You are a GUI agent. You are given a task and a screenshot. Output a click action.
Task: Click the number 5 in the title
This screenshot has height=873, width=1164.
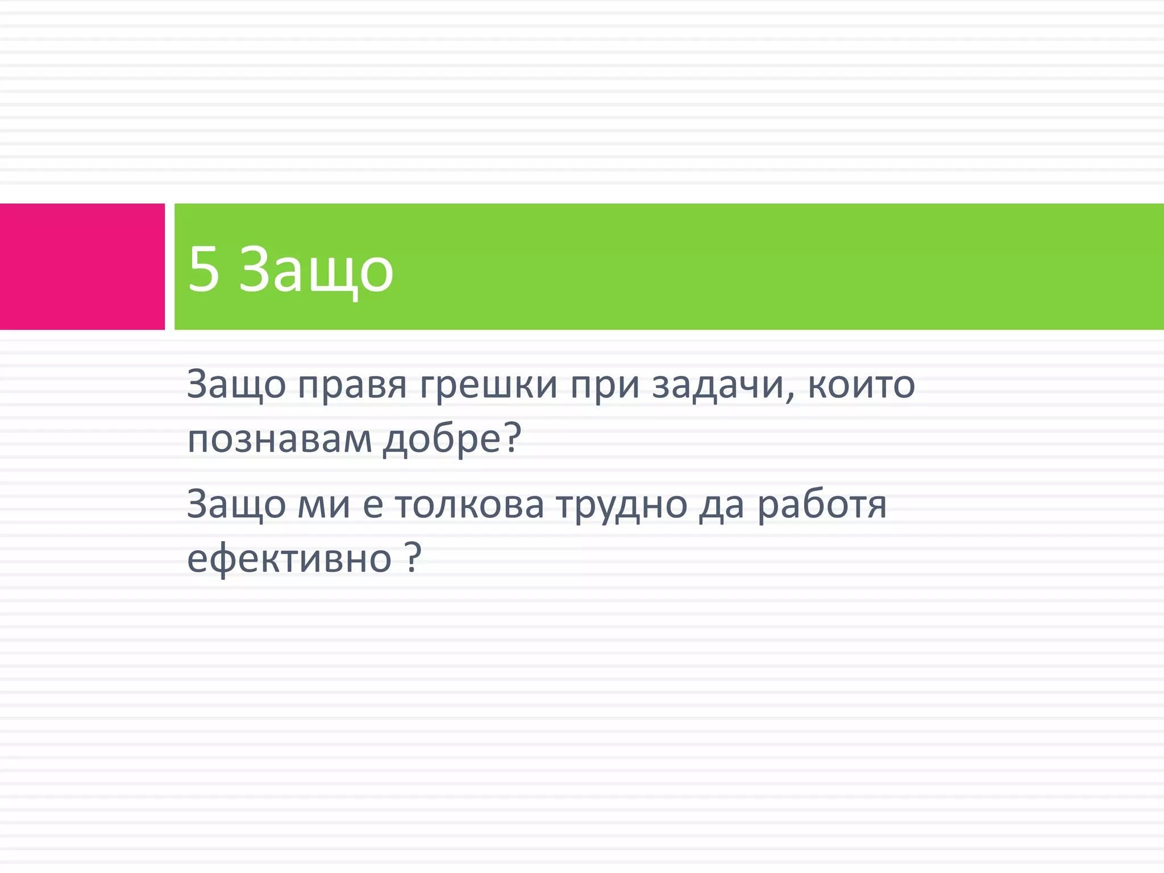click(x=203, y=269)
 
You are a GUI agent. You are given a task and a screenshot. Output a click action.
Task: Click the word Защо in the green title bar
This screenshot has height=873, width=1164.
click(x=316, y=269)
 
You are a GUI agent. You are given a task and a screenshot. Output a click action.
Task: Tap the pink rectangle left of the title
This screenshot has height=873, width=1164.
click(x=82, y=267)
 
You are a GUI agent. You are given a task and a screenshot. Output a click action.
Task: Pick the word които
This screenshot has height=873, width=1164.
click(x=861, y=385)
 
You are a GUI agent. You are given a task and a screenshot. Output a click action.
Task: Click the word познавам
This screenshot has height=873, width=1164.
click(x=279, y=439)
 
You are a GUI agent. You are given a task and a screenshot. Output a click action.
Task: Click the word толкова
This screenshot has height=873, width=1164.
click(x=469, y=505)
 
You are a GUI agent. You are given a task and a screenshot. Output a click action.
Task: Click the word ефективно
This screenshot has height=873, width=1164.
click(x=289, y=559)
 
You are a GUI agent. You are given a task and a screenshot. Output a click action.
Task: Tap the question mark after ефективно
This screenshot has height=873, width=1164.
click(x=414, y=557)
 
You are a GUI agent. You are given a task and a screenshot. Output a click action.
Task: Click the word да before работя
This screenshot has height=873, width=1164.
click(x=721, y=505)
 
